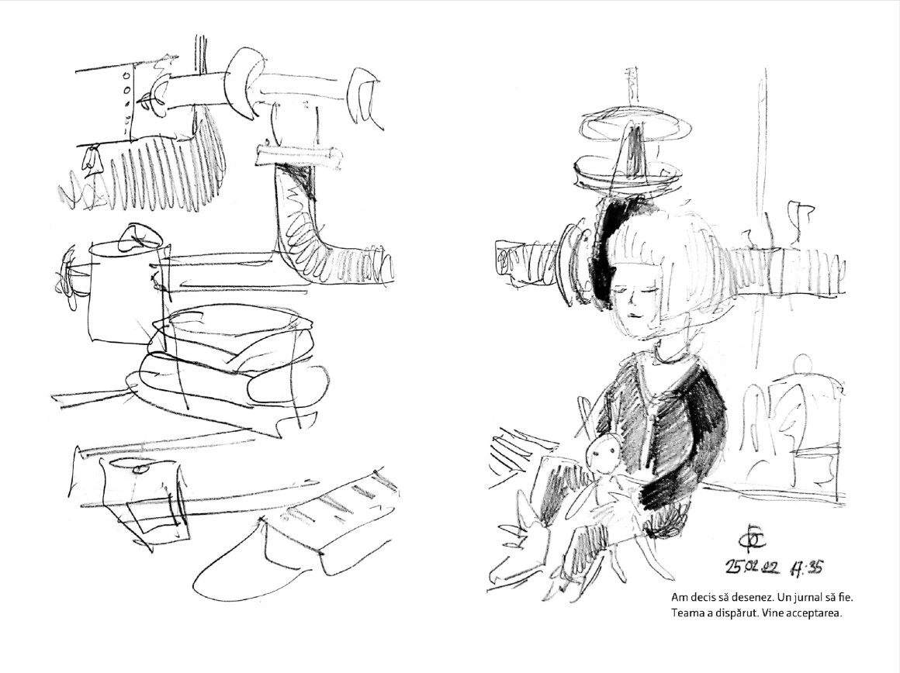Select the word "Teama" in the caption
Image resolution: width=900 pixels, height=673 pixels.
[685, 613]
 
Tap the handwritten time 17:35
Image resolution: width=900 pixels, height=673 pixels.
[806, 567]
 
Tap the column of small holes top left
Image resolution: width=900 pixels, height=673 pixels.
[126, 98]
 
